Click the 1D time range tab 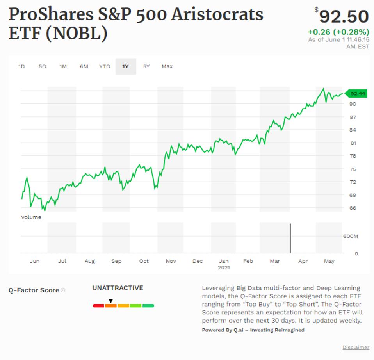[21, 66]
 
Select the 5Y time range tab [146, 66]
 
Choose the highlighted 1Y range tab [125, 66]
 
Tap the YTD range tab [105, 66]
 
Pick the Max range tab [167, 66]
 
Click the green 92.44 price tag [357, 93]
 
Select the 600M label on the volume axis [351, 236]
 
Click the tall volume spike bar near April [290, 238]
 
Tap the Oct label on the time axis [144, 261]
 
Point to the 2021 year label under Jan [224, 268]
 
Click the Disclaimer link [356, 347]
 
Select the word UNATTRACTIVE [118, 288]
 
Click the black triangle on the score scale [111, 301]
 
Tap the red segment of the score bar [98, 306]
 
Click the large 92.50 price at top [344, 17]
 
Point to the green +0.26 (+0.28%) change [338, 32]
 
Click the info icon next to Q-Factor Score [63, 290]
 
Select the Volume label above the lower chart [31, 217]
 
